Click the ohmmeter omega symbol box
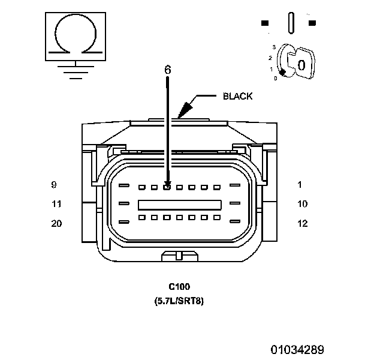click(x=74, y=35)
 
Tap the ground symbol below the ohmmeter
click(x=74, y=71)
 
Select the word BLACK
click(x=237, y=96)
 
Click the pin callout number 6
click(x=168, y=70)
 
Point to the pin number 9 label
click(x=54, y=184)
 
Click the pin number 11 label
click(x=56, y=204)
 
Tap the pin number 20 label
click(x=56, y=224)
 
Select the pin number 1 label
click(x=300, y=184)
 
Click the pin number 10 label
click(x=303, y=204)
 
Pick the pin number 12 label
click(x=303, y=224)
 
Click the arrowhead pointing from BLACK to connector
click(x=185, y=108)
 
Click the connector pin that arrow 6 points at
click(x=167, y=187)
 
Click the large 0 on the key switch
click(x=302, y=64)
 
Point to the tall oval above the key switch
click(x=291, y=23)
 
